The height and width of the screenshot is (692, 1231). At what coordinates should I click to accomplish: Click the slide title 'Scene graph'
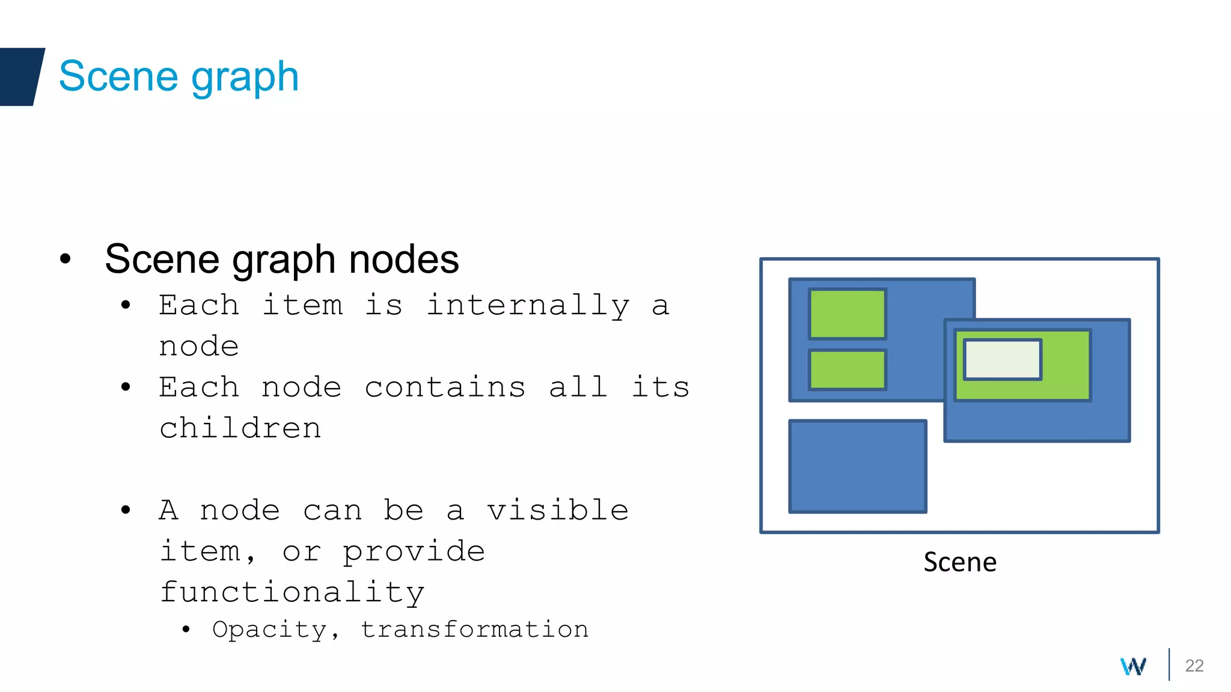point(179,77)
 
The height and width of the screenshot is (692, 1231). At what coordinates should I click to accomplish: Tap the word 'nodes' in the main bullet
point(403,259)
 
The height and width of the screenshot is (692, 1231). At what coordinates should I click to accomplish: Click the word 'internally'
point(528,305)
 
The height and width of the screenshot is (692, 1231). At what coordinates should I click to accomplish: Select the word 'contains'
point(445,387)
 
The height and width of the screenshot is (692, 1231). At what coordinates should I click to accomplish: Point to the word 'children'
point(240,428)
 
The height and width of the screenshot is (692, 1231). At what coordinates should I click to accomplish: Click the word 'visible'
point(557,510)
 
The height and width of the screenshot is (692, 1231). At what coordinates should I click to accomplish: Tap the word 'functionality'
point(292,592)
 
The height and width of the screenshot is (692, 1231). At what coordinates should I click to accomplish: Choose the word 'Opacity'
point(269,629)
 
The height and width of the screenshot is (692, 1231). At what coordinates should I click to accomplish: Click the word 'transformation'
point(474,629)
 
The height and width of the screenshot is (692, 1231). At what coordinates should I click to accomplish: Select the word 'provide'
point(414,551)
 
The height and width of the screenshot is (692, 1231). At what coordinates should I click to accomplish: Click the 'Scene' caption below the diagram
point(960,562)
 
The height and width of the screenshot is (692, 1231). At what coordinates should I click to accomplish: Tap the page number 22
point(1194,666)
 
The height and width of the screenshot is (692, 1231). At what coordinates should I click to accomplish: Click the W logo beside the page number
point(1133,666)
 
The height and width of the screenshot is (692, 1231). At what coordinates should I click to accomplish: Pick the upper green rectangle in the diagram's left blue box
point(848,314)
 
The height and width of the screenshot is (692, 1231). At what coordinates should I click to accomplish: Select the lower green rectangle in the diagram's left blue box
point(848,369)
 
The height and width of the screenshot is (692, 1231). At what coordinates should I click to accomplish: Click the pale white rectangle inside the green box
point(1003,359)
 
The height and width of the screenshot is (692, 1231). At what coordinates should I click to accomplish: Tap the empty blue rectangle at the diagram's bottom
point(858,466)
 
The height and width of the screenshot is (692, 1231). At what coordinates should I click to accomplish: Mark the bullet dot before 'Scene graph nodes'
point(66,259)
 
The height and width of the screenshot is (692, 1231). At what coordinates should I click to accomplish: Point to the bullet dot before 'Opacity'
point(186,630)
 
